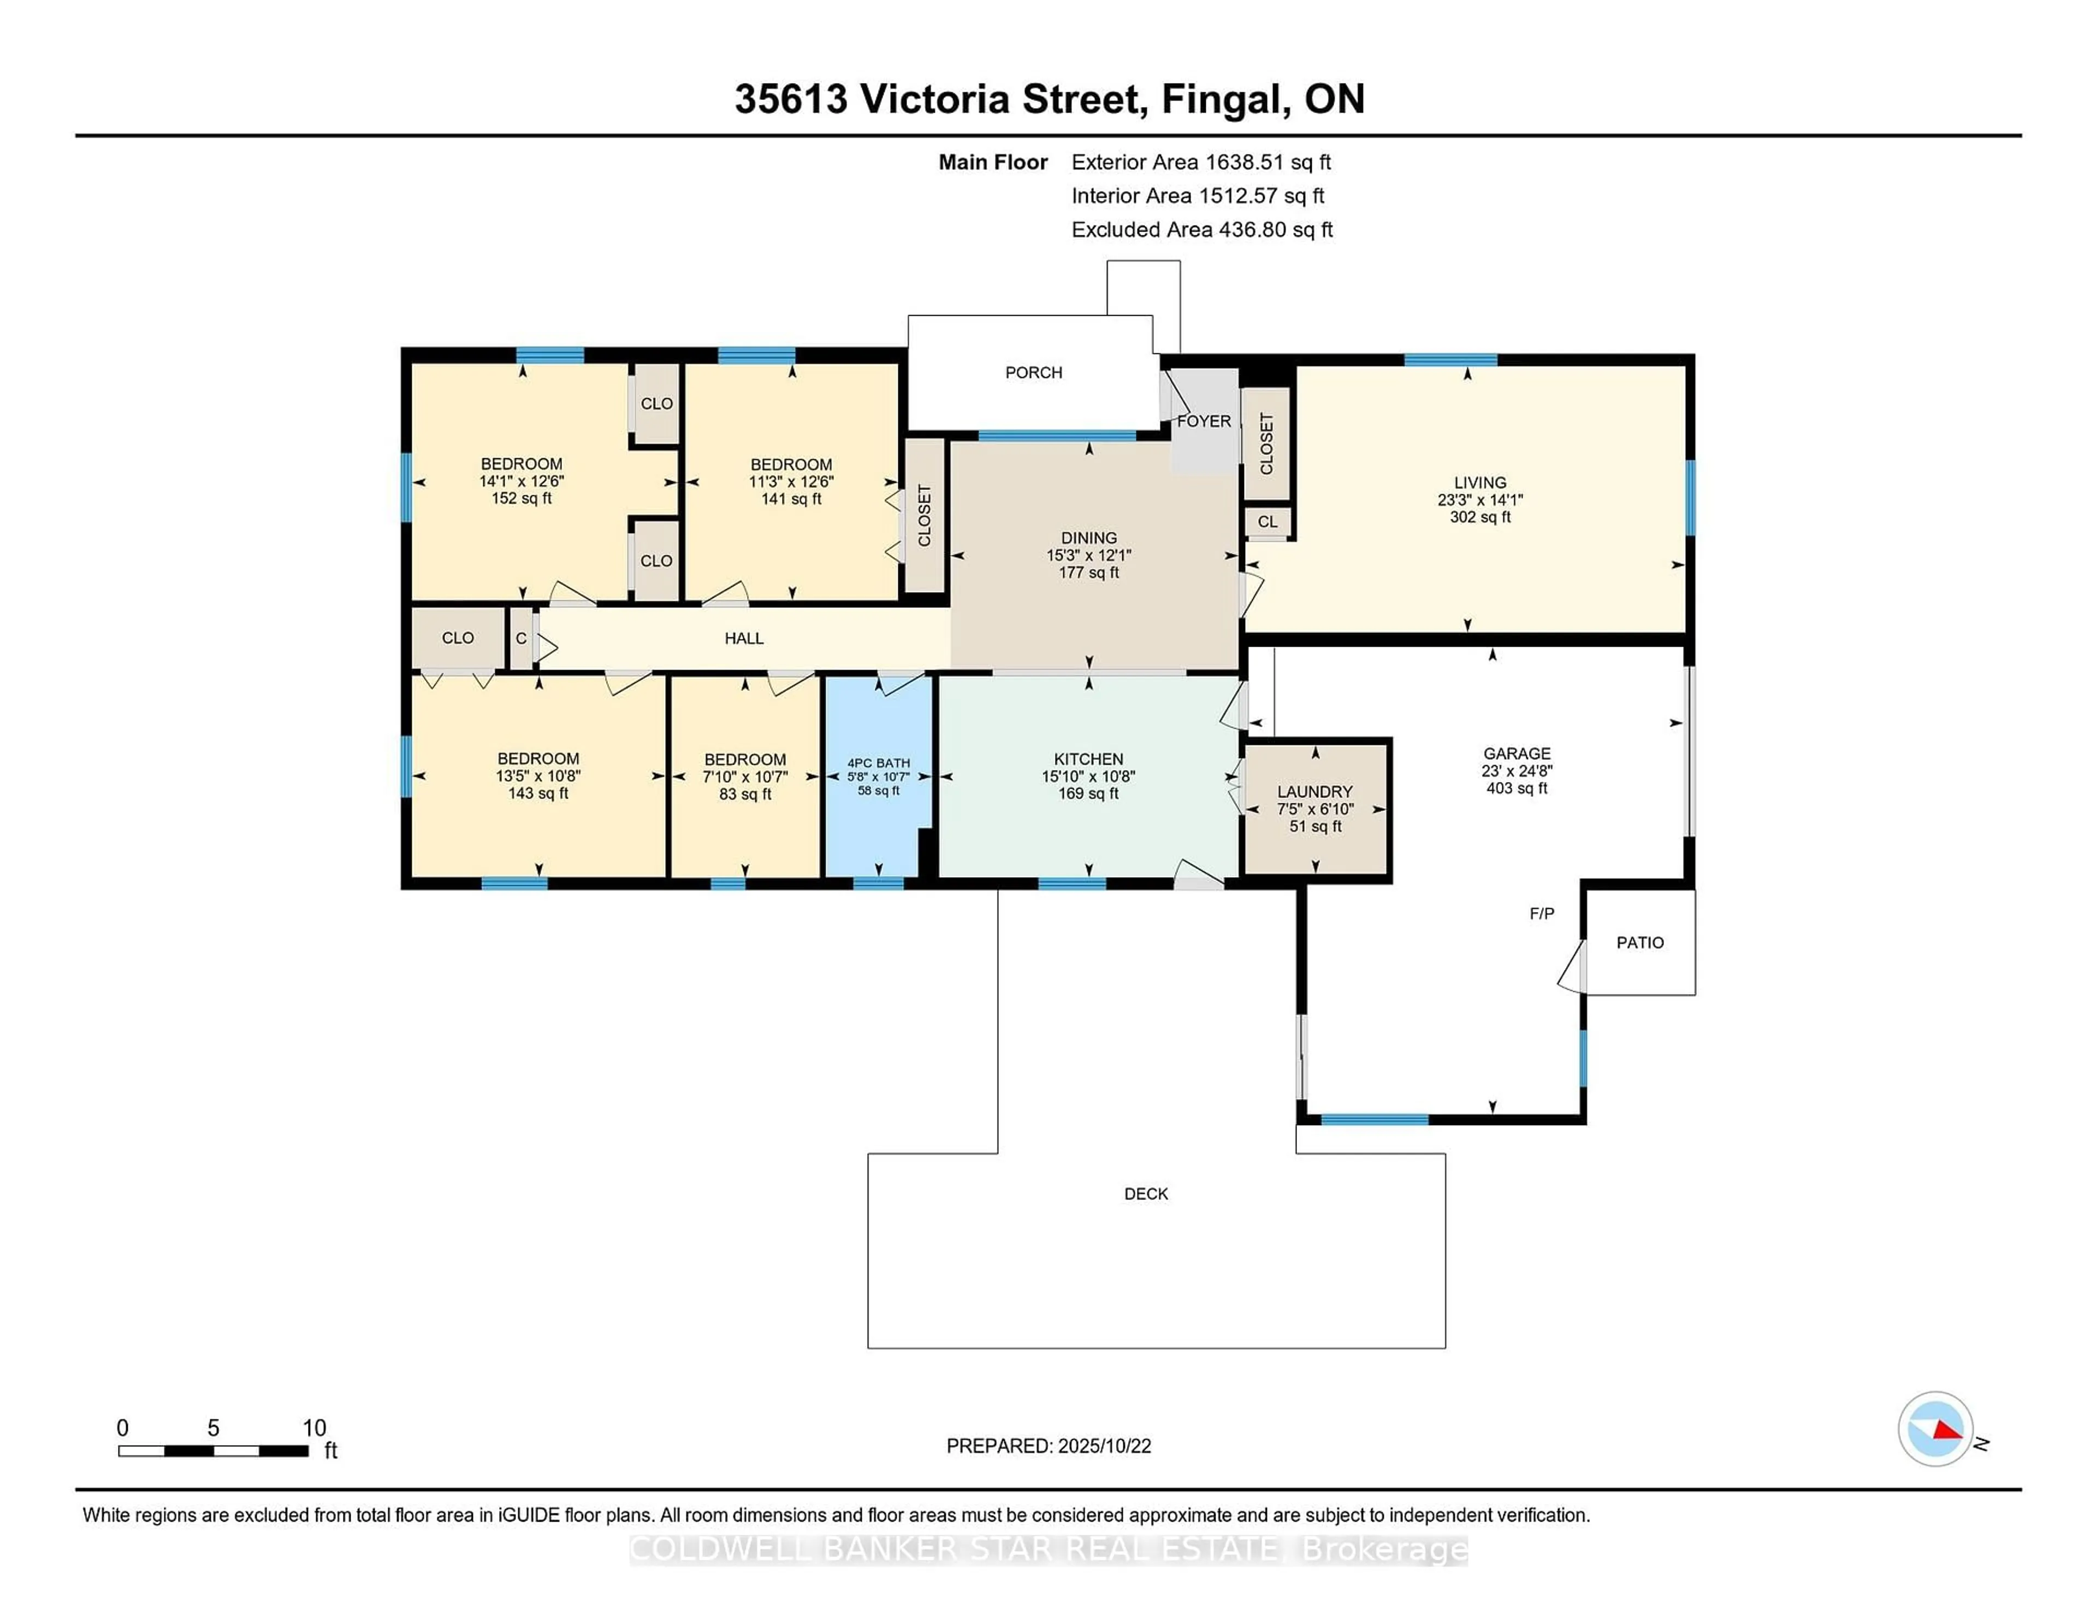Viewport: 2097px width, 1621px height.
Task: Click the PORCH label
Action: (1033, 372)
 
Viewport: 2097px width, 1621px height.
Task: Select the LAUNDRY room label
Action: (1314, 791)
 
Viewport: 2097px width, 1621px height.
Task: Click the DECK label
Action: (1146, 1194)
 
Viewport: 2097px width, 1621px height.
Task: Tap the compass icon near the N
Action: (1935, 1429)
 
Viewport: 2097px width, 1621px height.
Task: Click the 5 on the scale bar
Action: (213, 1428)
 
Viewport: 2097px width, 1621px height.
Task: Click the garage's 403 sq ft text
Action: (1516, 789)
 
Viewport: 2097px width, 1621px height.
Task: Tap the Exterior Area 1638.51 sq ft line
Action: (1200, 162)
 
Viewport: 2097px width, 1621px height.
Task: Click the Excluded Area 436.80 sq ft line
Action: (1201, 229)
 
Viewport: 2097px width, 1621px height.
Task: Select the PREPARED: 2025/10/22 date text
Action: (1048, 1446)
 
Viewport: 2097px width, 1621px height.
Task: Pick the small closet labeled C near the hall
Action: (520, 638)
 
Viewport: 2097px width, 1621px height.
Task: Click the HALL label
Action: (743, 638)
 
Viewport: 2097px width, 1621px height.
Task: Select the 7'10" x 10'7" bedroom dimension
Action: (744, 777)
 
